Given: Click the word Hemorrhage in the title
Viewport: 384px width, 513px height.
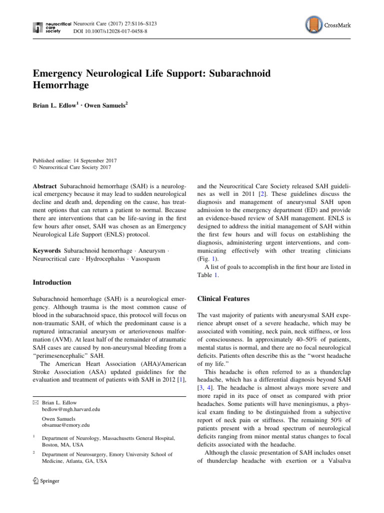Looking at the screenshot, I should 60,86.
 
